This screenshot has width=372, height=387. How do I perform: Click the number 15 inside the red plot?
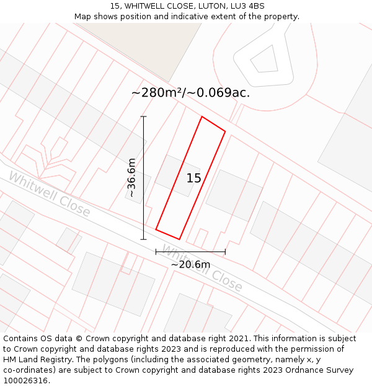tap(194, 178)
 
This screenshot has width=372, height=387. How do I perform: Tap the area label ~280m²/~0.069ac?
tap(191, 93)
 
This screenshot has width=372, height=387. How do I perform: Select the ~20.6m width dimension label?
tap(190, 264)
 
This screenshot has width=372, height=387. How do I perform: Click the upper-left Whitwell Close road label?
tap(49, 194)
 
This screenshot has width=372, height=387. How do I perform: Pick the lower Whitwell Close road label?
tap(202, 267)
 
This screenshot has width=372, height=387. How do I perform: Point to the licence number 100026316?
tap(26, 380)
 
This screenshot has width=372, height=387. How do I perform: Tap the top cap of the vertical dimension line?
tap(143, 116)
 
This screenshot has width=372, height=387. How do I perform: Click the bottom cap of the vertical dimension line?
tap(143, 239)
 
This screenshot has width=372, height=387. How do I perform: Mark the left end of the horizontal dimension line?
tap(156, 251)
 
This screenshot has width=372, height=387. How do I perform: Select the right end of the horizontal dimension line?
tap(225, 251)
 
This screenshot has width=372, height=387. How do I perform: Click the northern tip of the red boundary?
tap(202, 116)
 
